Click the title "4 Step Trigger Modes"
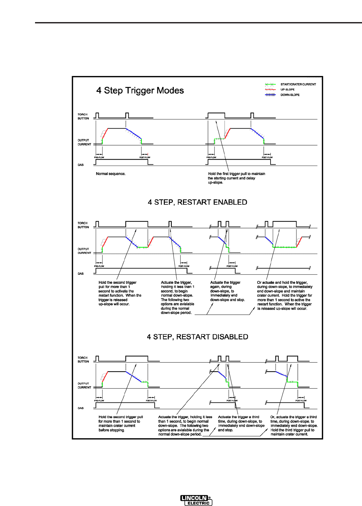[x=140, y=91]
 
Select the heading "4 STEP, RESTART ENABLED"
[x=197, y=202]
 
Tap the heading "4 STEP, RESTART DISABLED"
[x=197, y=337]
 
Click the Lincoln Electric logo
[x=196, y=500]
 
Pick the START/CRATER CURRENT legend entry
[x=298, y=84]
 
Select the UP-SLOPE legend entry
[x=287, y=90]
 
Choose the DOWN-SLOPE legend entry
[x=290, y=95]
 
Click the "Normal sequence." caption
[x=111, y=174]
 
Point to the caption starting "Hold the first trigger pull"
[x=236, y=178]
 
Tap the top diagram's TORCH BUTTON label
[x=83, y=117]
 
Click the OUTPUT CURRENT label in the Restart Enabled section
[x=84, y=251]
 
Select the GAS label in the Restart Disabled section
[x=80, y=408]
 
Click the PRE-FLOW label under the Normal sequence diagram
[x=99, y=158]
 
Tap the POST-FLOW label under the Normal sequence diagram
[x=145, y=158]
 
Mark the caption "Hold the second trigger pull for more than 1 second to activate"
[x=120, y=293]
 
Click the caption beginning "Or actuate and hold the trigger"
[x=284, y=296]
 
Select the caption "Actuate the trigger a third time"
[x=241, y=424]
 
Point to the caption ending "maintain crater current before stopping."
[x=120, y=424]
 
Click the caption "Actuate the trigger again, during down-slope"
[x=227, y=291]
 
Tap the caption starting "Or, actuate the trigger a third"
[x=294, y=425]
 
